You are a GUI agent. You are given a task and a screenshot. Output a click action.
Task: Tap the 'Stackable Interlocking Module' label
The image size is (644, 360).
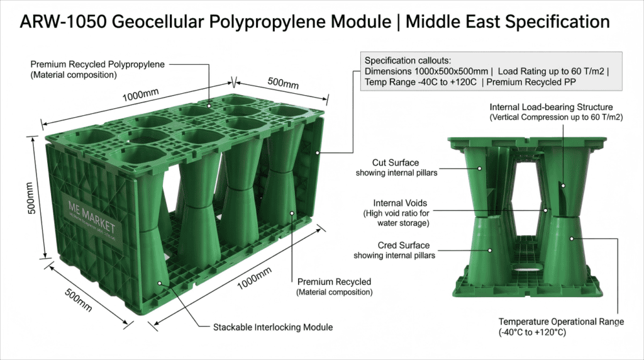point(272,327)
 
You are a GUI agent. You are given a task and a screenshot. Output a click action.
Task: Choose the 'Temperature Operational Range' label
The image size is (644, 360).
point(561,322)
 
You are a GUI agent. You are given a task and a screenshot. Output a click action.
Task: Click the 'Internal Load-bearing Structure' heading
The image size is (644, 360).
point(550,107)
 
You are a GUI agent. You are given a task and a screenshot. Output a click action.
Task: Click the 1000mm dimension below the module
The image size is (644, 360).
point(254,280)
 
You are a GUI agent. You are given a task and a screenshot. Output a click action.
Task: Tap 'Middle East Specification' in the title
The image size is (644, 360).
point(508,22)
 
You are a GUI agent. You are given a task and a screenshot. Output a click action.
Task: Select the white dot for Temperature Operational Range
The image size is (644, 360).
point(571,239)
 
